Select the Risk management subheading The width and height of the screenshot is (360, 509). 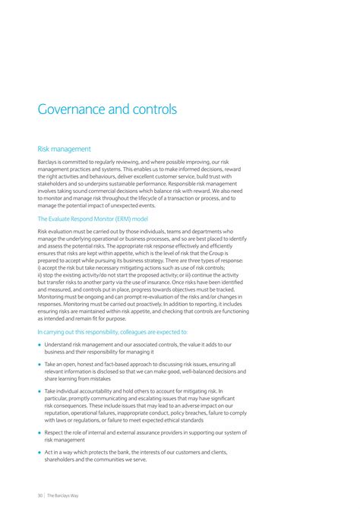[x=65, y=149]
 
